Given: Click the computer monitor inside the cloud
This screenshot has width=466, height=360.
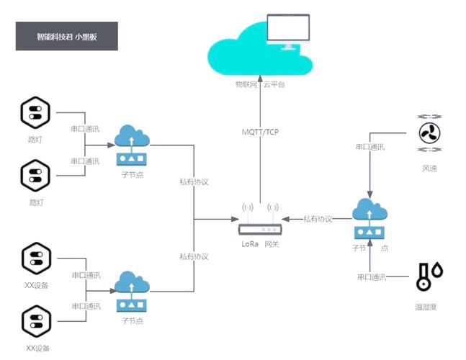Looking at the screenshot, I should (x=290, y=32).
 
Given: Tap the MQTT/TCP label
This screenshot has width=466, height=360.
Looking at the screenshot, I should (x=261, y=132).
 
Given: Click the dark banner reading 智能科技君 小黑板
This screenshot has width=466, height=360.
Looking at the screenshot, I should (x=66, y=36).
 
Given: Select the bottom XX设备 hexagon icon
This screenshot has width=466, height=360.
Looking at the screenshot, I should (x=35, y=321).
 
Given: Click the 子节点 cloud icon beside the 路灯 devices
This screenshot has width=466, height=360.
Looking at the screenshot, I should (x=131, y=144).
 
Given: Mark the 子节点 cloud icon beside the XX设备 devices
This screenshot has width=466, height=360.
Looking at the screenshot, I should (x=131, y=290).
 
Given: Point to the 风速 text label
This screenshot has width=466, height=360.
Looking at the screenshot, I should (x=430, y=168).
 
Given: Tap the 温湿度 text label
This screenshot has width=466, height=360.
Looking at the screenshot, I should (x=426, y=307).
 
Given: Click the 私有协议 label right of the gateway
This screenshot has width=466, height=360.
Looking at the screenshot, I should (x=318, y=219).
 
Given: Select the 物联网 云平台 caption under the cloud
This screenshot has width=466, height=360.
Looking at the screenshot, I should (x=260, y=84).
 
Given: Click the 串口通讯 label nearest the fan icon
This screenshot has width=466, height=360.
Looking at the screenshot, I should (x=370, y=147).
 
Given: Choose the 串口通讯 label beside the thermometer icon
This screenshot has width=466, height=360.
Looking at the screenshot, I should (x=372, y=277).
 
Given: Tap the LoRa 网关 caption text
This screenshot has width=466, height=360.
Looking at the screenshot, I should (x=260, y=245).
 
